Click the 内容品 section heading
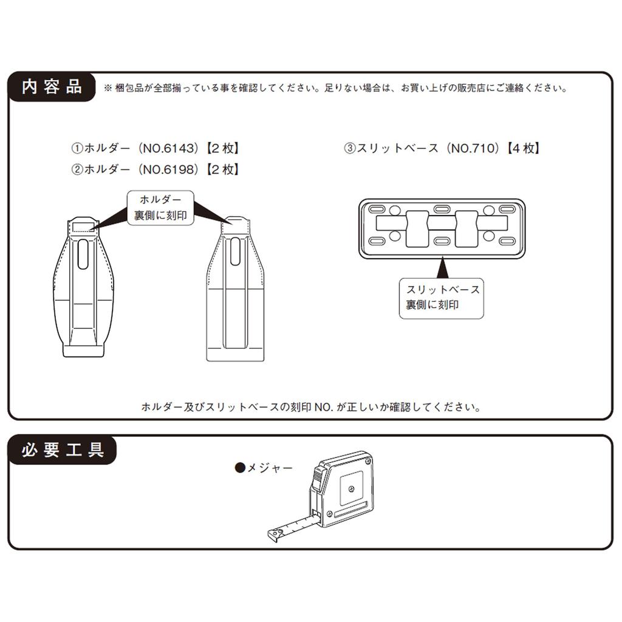(x=52, y=87)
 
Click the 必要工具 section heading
(x=63, y=450)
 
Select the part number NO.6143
(x=170, y=148)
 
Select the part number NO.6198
(x=170, y=170)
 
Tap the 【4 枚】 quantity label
(x=524, y=148)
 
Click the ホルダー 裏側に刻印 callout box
(x=160, y=208)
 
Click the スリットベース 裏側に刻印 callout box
(x=442, y=298)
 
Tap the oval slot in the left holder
(x=83, y=254)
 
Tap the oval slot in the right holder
(x=235, y=251)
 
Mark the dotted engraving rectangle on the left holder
(x=83, y=227)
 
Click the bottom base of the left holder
(x=83, y=350)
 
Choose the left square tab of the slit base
(x=417, y=229)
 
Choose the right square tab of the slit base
(x=466, y=229)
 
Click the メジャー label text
(x=270, y=468)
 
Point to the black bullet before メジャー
(x=240, y=468)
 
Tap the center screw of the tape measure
(x=352, y=488)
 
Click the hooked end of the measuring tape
(x=275, y=535)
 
